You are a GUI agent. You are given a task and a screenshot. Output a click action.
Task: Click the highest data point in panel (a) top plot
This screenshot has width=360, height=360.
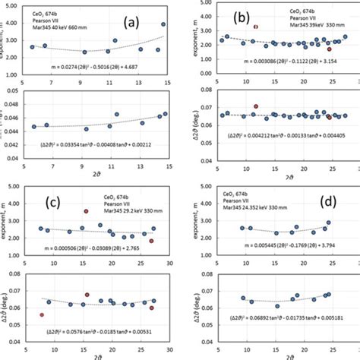(163, 24)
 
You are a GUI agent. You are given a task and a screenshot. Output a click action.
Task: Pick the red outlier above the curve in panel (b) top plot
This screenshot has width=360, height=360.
(256, 27)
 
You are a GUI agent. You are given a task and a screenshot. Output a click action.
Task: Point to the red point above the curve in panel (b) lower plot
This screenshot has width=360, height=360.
(256, 106)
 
